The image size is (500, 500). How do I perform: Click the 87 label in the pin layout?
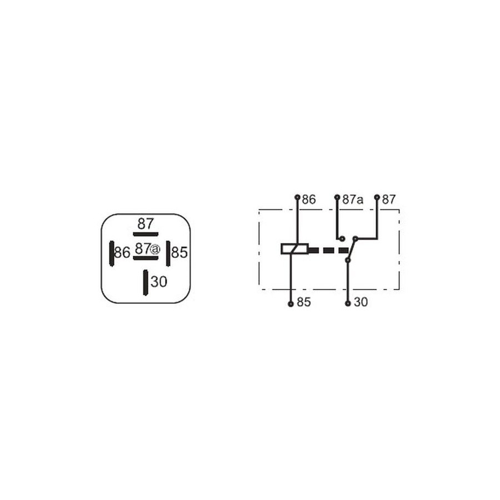click(146, 223)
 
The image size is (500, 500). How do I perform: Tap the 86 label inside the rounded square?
click(122, 253)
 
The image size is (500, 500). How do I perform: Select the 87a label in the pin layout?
click(147, 249)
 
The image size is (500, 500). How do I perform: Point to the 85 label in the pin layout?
click(179, 253)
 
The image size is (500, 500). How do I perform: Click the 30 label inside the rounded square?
click(159, 282)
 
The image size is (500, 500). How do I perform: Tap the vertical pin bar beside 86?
click(112, 253)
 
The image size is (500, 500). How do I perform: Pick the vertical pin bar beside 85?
click(168, 253)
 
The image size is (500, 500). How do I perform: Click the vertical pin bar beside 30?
click(146, 283)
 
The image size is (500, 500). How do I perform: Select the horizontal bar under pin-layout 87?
click(146, 234)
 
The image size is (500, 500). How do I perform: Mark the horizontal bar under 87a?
click(146, 258)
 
